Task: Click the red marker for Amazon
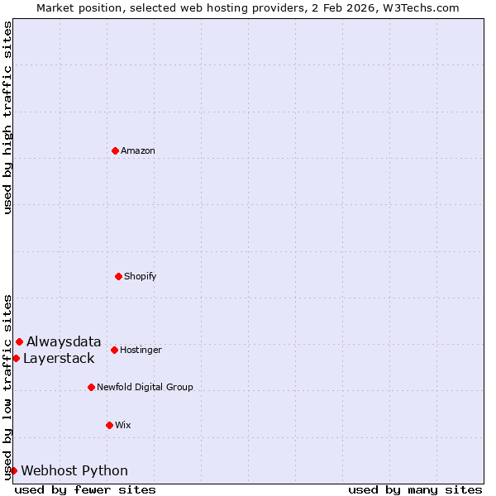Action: point(115,150)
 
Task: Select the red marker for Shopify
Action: point(118,276)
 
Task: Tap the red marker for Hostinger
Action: point(114,350)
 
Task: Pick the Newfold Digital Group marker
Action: point(91,387)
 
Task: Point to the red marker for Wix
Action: point(109,425)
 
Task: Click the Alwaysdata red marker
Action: point(19,341)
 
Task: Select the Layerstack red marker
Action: point(16,358)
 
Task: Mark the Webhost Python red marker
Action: point(13,470)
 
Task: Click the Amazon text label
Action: point(138,150)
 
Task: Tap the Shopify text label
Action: point(141,276)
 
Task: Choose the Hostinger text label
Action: point(141,350)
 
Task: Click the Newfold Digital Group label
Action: point(145,387)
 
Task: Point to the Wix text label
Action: point(123,425)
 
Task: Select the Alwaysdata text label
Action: point(64,341)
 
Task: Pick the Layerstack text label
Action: point(59,358)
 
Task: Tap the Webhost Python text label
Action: point(74,470)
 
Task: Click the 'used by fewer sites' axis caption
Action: point(85,489)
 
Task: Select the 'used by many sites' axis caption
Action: point(415,489)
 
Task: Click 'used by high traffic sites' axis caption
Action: point(7,117)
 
